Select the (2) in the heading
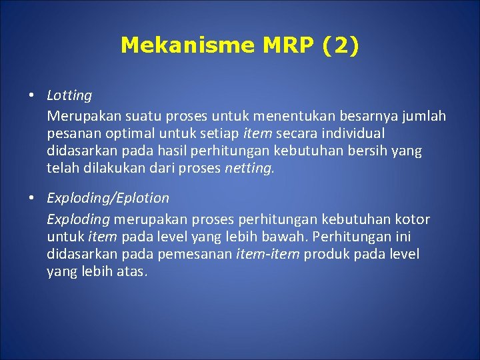click(x=341, y=45)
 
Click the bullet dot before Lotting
click(x=31, y=95)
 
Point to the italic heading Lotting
click(x=69, y=96)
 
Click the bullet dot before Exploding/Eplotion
click(x=31, y=197)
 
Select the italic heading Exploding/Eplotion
click(x=108, y=198)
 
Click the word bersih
click(x=363, y=151)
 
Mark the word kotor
click(x=412, y=219)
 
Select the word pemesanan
click(x=199, y=255)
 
